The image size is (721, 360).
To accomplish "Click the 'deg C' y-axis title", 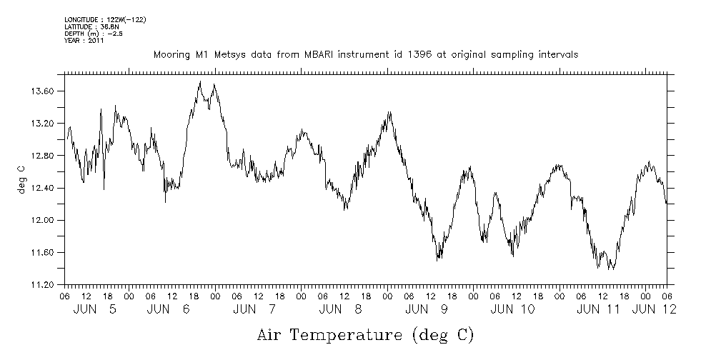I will tap(21, 179).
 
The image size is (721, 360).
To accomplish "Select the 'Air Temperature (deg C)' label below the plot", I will tap(365, 334).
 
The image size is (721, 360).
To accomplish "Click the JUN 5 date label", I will tap(95, 309).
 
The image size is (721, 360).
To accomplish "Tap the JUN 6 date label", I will tap(169, 309).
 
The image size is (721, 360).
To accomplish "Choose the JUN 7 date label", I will tap(254, 309).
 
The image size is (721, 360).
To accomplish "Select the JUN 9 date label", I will tap(427, 309).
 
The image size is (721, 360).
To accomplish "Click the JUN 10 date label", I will tap(513, 309).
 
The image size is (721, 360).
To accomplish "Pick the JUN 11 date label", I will tap(599, 309).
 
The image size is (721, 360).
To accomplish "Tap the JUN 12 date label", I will tap(655, 309).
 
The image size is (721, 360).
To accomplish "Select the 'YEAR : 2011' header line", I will tap(84, 41).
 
